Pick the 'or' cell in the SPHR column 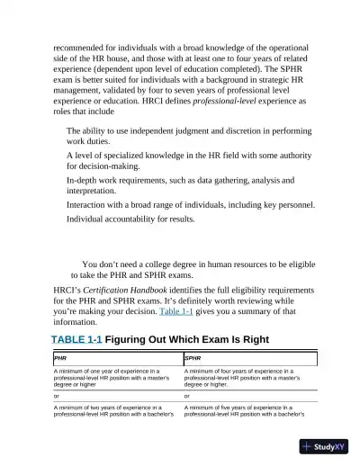[186, 396]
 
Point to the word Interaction [91, 205]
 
